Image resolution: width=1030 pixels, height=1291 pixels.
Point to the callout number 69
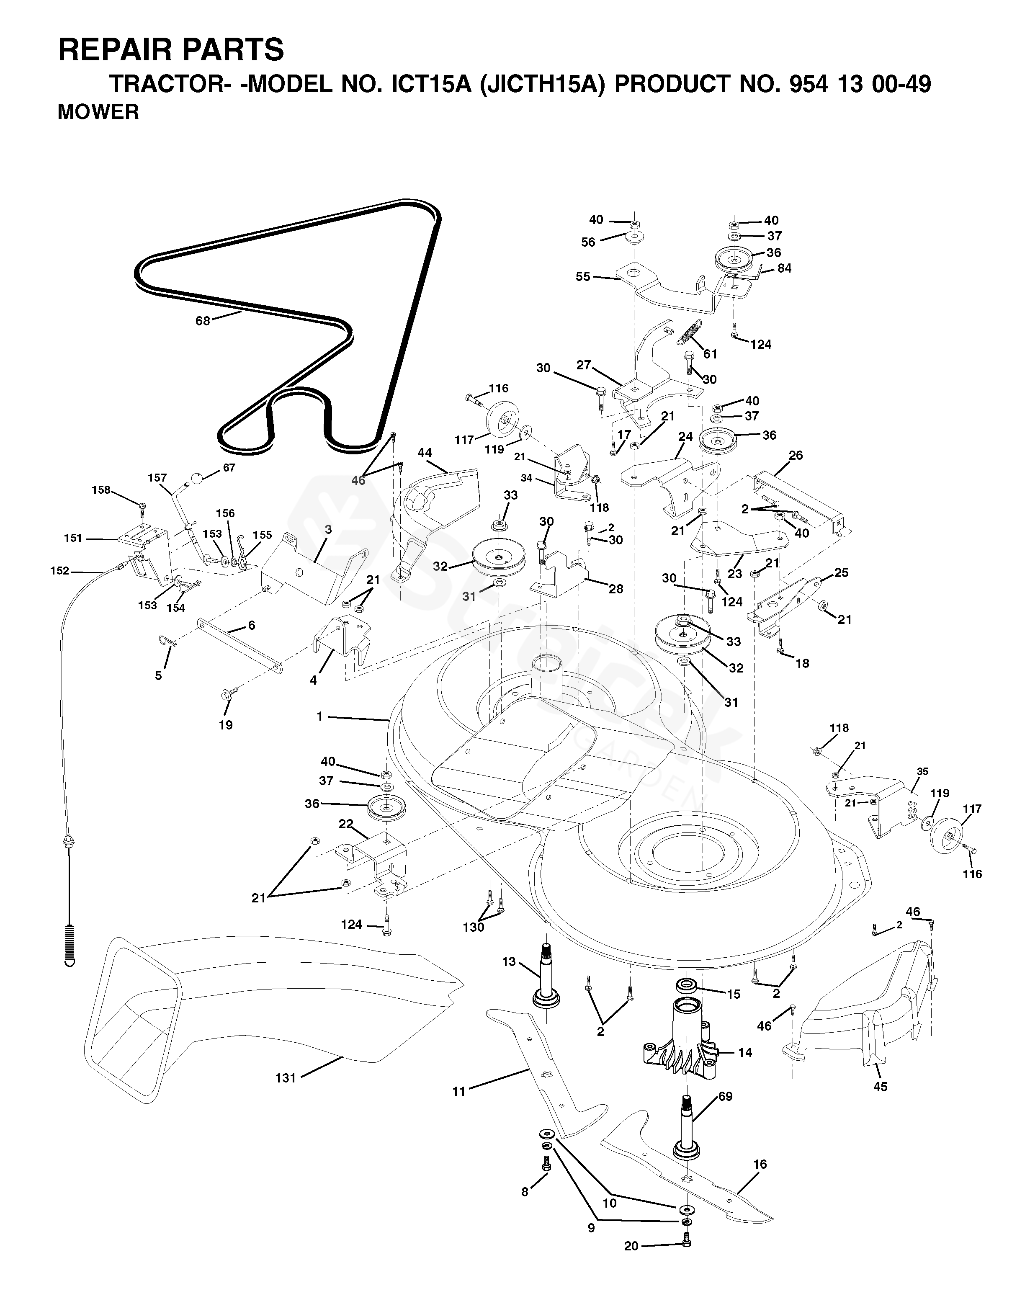tap(725, 1096)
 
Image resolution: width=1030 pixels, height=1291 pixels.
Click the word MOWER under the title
tap(98, 112)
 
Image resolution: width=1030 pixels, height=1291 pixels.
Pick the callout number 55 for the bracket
tap(583, 277)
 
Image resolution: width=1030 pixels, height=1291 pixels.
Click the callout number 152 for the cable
tap(59, 571)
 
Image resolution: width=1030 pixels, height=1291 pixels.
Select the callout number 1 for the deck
tap(320, 716)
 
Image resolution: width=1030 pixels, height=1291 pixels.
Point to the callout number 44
tap(425, 453)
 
